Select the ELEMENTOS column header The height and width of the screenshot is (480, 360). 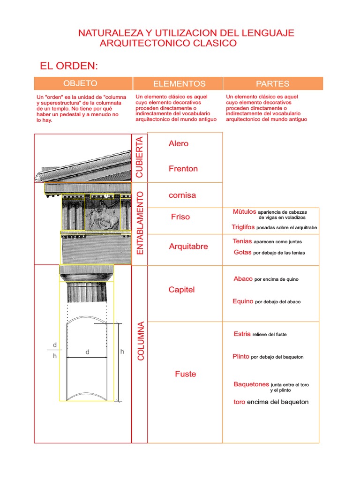click(179, 84)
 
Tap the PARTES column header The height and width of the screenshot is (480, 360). click(272, 84)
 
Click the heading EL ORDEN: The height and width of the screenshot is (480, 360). click(69, 65)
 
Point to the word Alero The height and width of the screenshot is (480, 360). click(179, 143)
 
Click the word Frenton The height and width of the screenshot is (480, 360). click(183, 169)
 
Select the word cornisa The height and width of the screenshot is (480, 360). click(182, 195)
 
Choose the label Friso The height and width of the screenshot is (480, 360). click(180, 217)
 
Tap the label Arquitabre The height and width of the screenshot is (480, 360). click(188, 247)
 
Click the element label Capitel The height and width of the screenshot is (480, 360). click(181, 290)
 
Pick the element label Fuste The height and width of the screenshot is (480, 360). click(186, 374)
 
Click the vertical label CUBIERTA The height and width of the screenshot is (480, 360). click(140, 157)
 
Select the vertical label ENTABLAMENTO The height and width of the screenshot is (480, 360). click(140, 223)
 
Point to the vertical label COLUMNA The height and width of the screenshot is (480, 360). click(141, 341)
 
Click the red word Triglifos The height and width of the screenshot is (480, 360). click(243, 227)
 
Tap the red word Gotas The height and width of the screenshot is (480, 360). click(242, 252)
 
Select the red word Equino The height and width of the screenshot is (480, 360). click(243, 301)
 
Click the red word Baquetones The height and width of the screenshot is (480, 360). click(251, 384)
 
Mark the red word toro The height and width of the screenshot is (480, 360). click(239, 402)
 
